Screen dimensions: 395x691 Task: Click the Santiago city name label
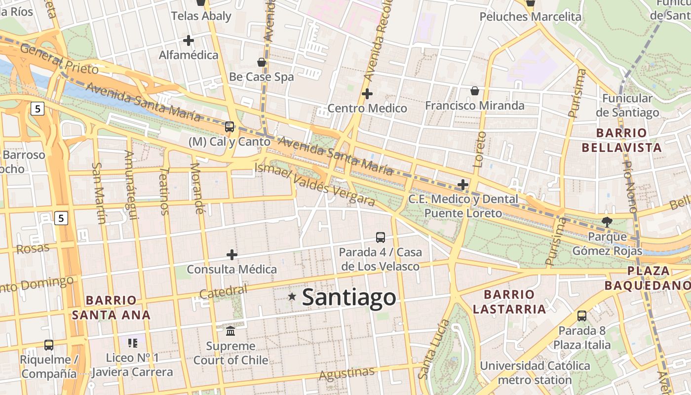click(x=348, y=297)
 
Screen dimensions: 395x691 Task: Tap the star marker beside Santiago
click(x=292, y=296)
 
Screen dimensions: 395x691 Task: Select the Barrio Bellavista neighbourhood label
click(x=621, y=140)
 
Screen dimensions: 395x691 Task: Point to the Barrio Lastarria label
click(x=509, y=302)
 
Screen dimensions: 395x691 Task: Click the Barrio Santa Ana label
click(x=111, y=307)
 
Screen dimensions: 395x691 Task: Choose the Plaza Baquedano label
click(x=648, y=278)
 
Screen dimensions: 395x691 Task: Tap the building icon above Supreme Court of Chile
click(x=230, y=331)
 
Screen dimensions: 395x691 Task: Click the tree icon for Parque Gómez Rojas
click(x=607, y=222)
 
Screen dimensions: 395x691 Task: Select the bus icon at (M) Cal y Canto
click(x=230, y=127)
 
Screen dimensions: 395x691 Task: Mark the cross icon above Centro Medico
click(x=367, y=93)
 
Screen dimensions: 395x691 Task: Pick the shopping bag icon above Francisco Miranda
click(x=475, y=91)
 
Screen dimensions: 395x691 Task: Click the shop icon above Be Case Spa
click(x=262, y=62)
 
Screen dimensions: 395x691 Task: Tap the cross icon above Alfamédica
click(x=189, y=40)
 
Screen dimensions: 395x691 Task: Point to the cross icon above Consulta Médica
click(x=232, y=255)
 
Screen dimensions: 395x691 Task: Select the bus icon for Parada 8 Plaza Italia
click(x=582, y=316)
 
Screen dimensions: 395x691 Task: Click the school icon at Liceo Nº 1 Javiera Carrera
click(x=132, y=343)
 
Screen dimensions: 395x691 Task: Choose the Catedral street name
click(x=223, y=291)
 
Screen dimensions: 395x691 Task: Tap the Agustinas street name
click(x=346, y=374)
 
